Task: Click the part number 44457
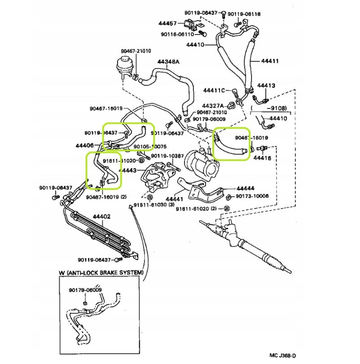click(x=167, y=23)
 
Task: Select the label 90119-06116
click(x=244, y=14)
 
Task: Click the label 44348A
click(x=168, y=61)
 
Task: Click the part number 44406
click(x=84, y=145)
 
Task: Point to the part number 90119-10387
click(x=167, y=156)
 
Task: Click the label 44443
click(x=127, y=170)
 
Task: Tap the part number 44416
click(x=262, y=158)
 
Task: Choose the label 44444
click(x=246, y=188)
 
